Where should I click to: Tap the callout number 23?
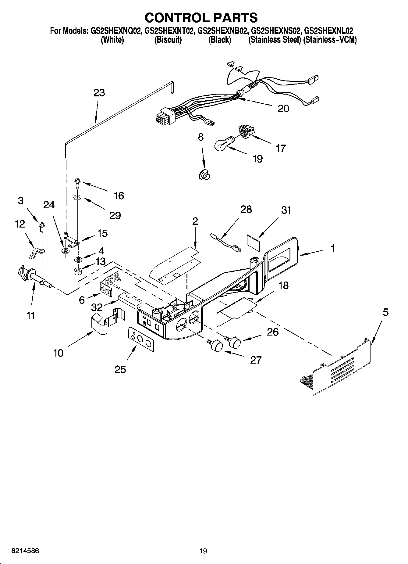point(99,93)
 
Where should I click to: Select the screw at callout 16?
point(76,183)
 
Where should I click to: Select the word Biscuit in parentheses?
point(168,40)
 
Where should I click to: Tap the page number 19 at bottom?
point(203,551)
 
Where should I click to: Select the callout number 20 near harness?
point(283,109)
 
